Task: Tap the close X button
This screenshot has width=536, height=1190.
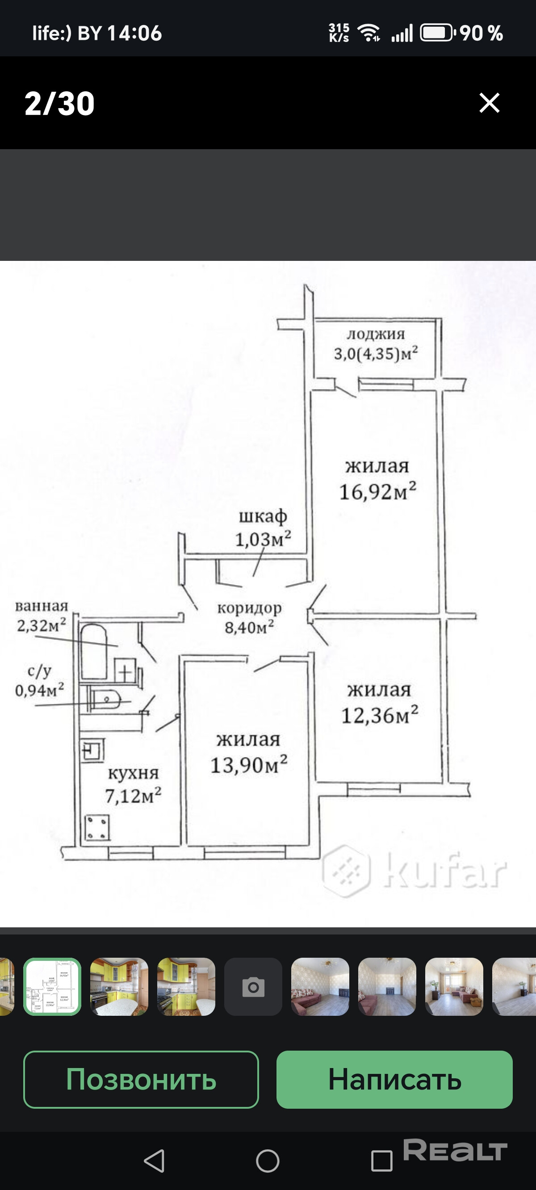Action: click(x=490, y=103)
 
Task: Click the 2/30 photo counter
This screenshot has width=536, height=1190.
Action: click(x=59, y=103)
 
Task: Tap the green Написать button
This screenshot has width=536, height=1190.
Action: click(x=394, y=1079)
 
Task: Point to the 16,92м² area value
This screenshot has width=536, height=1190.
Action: click(x=377, y=491)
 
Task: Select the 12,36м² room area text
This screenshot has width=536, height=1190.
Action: click(x=379, y=715)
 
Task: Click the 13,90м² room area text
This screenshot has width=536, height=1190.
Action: click(x=249, y=764)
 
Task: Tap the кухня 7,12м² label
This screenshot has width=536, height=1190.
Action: click(x=133, y=784)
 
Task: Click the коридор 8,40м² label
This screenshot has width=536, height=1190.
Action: click(x=250, y=618)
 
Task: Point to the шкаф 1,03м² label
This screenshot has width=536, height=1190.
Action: click(x=263, y=528)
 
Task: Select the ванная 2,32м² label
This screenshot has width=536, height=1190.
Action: click(x=42, y=616)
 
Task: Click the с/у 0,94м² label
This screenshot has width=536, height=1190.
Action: click(x=39, y=680)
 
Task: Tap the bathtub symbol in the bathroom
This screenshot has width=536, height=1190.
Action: click(x=94, y=651)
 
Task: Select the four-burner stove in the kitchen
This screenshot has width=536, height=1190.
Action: click(x=97, y=827)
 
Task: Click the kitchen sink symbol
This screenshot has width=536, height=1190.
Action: click(x=93, y=750)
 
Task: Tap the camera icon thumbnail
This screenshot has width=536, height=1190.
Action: click(x=253, y=987)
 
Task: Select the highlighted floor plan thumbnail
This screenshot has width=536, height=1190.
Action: click(x=52, y=987)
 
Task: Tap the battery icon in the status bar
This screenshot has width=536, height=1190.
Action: click(x=438, y=33)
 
